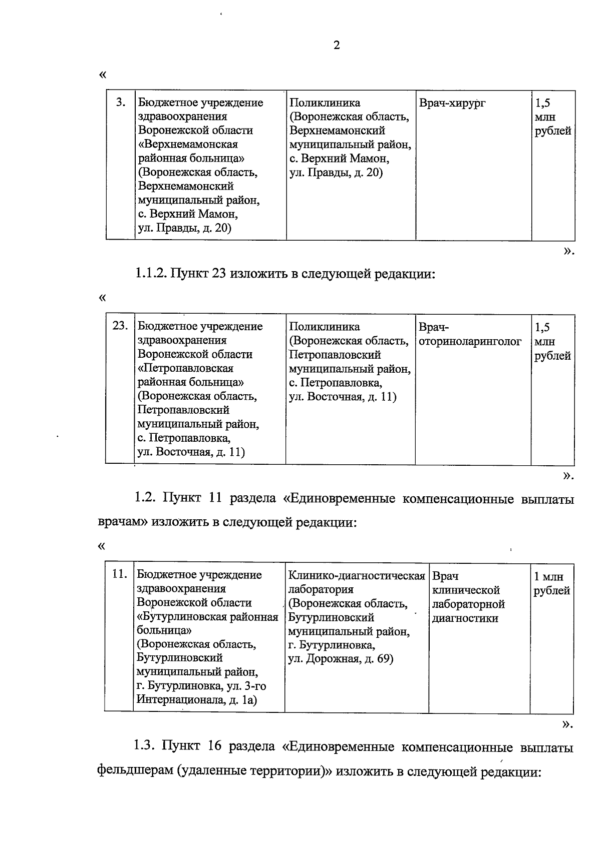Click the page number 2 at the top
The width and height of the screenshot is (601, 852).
(337, 46)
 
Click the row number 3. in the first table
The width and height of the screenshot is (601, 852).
(121, 103)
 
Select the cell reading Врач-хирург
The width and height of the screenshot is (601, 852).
(452, 104)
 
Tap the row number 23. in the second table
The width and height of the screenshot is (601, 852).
(120, 327)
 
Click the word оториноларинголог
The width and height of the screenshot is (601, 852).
(470, 341)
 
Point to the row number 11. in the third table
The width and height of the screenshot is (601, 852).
(119, 575)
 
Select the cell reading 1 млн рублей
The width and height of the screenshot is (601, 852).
(551, 583)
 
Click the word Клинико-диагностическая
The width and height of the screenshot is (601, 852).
(357, 576)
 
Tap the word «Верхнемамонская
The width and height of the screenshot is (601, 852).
(187, 145)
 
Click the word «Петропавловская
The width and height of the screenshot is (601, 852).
(185, 368)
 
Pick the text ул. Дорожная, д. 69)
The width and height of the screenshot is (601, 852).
(341, 659)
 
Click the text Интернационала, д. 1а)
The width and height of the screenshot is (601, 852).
(197, 700)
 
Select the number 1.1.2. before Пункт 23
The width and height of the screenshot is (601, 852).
(149, 274)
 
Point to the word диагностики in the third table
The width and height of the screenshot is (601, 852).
(465, 618)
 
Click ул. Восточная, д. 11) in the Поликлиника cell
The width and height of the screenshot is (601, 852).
(343, 397)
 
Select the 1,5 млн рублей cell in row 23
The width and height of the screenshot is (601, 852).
(552, 341)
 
